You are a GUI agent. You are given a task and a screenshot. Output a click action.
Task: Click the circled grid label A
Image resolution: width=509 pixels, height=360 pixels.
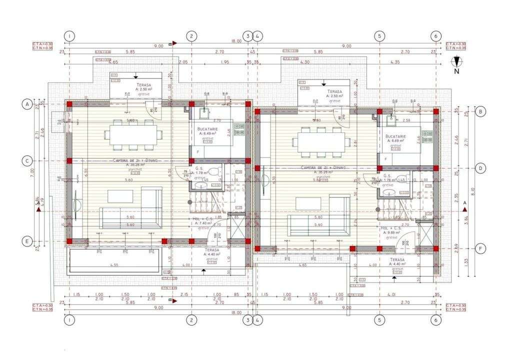pos(25,104)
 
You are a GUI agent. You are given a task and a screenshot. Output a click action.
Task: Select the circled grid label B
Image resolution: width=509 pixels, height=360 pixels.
pos(480,111)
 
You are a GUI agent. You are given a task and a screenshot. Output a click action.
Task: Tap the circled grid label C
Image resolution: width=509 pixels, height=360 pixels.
pos(25,160)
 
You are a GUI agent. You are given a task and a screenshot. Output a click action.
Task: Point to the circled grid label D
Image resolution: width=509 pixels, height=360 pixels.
pos(480,168)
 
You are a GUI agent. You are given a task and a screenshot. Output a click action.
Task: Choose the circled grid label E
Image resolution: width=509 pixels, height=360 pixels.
pos(25,241)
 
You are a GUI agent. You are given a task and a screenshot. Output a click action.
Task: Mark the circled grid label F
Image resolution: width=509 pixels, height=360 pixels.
pos(480,248)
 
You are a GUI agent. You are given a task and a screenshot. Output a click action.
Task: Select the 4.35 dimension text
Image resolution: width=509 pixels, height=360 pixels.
pos(408,62)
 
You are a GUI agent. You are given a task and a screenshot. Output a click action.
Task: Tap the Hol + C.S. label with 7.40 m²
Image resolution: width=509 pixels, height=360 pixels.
pos(204,221)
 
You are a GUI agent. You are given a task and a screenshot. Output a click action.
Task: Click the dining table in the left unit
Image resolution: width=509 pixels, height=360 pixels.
pos(133,134)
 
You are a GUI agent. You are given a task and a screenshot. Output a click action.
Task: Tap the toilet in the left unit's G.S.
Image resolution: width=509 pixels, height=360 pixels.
pos(214,172)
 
